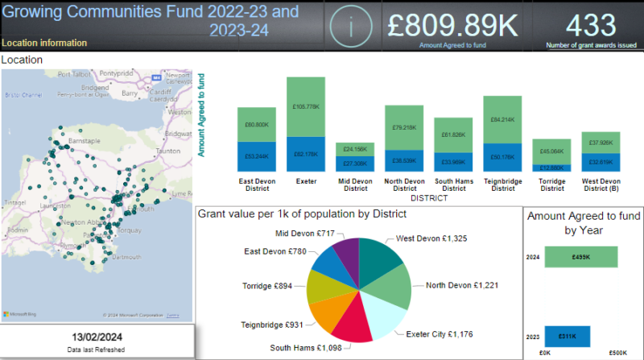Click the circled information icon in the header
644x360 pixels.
pyautogui.click(x=350, y=27)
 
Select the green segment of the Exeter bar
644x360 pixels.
pyautogui.click(x=306, y=109)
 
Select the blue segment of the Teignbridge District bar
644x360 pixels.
pyautogui.click(x=503, y=157)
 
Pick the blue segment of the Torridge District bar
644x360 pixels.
pyautogui.click(x=552, y=168)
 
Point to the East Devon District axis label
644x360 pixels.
pyautogui.click(x=257, y=185)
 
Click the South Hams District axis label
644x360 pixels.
pyautogui.click(x=453, y=185)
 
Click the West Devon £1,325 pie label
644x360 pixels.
pyautogui.click(x=431, y=238)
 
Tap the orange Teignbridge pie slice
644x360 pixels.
pyautogui.click(x=329, y=312)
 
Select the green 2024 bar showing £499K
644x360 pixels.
pyautogui.click(x=580, y=257)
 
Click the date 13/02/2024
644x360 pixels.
pyautogui.click(x=97, y=337)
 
